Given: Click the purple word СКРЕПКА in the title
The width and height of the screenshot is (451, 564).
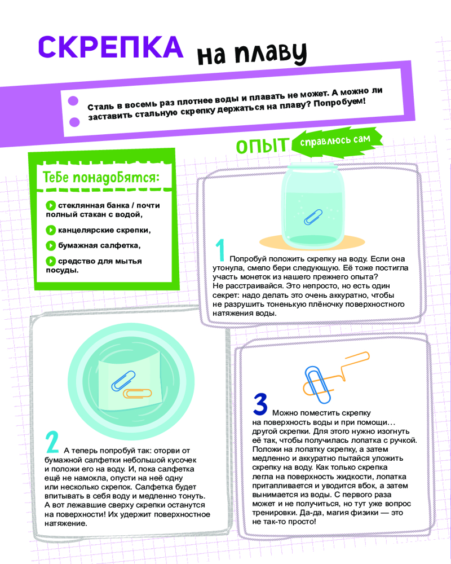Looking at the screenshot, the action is pyautogui.click(x=110, y=47).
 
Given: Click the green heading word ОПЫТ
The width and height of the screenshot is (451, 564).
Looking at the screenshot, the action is pyautogui.click(x=262, y=146).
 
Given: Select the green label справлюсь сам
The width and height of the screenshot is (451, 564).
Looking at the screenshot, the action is pyautogui.click(x=335, y=140).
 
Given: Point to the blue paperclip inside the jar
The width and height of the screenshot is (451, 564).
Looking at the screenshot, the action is pyautogui.click(x=313, y=217).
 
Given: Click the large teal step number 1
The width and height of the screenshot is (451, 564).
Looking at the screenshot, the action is pyautogui.click(x=220, y=250).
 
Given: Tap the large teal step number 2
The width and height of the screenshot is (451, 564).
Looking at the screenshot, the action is pyautogui.click(x=52, y=442).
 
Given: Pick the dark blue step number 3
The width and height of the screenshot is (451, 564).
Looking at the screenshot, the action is pyautogui.click(x=260, y=404).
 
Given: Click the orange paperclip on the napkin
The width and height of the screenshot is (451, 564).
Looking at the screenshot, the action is pyautogui.click(x=138, y=393).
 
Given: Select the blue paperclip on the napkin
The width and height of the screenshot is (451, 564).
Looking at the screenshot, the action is pyautogui.click(x=123, y=381).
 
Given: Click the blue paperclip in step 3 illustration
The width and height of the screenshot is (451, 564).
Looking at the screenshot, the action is pyautogui.click(x=317, y=385).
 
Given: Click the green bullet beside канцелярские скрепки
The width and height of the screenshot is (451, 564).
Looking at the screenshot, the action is pyautogui.click(x=51, y=230).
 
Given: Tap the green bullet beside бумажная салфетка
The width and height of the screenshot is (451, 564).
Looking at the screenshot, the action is pyautogui.click(x=51, y=246).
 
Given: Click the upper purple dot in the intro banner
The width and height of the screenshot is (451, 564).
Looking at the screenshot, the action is pyautogui.click(x=73, y=101).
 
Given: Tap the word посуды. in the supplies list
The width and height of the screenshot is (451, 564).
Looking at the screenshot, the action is pyautogui.click(x=62, y=271).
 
